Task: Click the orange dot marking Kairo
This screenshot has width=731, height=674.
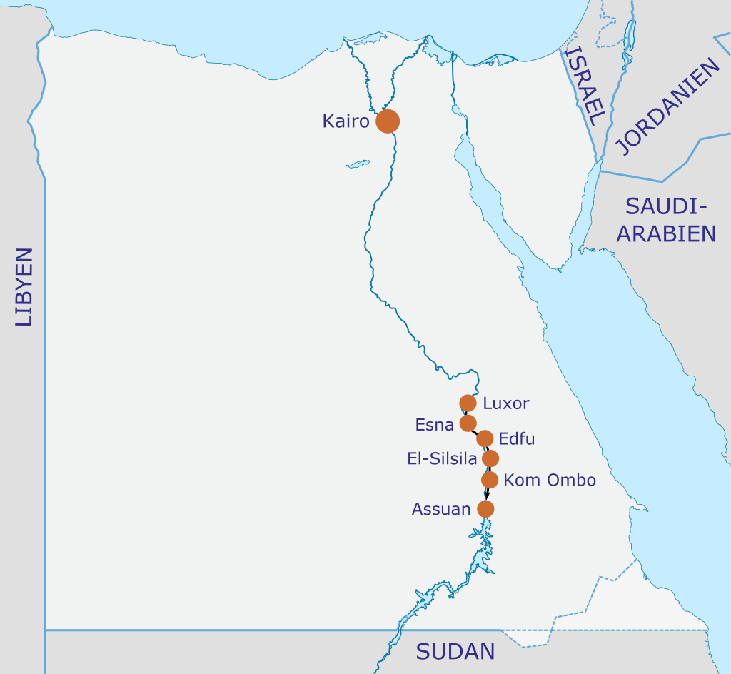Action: point(388,121)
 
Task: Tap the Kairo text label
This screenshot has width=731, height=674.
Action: point(346,121)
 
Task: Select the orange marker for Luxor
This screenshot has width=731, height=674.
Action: point(468,403)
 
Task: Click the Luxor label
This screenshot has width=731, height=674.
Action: point(506,403)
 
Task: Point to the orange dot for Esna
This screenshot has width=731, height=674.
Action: point(468,423)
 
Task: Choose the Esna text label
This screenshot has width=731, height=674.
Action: point(435,425)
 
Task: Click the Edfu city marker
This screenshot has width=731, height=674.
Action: point(485,438)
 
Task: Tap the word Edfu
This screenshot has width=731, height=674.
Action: point(517,438)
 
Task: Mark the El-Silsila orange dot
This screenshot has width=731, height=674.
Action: point(490,458)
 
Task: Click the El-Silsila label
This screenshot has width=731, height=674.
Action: point(442,459)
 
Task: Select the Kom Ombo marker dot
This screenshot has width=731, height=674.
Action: point(490,479)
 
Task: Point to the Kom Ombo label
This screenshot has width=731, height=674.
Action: point(550,480)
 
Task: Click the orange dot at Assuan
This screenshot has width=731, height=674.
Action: point(485,509)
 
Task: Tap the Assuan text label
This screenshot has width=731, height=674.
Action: point(441,509)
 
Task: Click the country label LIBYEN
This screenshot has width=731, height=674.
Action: point(24,287)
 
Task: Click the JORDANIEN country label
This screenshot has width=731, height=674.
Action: point(668,107)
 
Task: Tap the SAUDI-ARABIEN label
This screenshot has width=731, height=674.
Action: point(666,220)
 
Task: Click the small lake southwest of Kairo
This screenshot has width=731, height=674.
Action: point(358,164)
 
